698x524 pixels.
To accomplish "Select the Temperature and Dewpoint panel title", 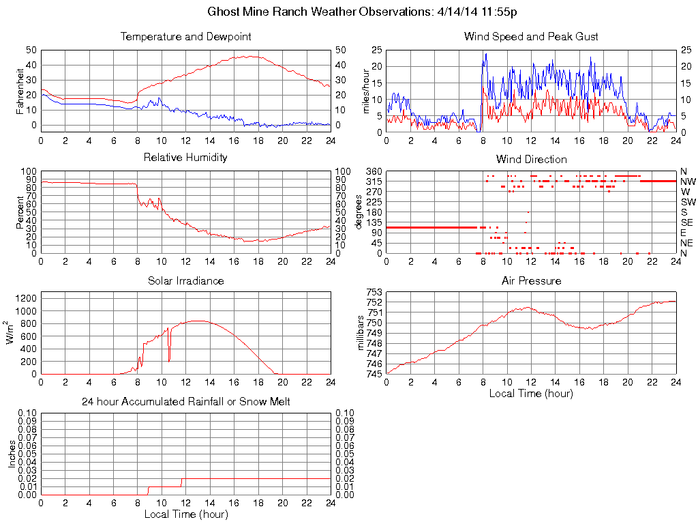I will pyautogui.click(x=185, y=36).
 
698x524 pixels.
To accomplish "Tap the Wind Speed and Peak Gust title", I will pyautogui.click(x=531, y=36).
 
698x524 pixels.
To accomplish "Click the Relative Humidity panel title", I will pyautogui.click(x=185, y=158).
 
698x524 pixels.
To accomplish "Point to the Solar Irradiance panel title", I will pyautogui.click(x=185, y=280).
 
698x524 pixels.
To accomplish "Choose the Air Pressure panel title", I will pyautogui.click(x=531, y=280).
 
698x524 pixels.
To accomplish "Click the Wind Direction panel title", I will pyautogui.click(x=531, y=159).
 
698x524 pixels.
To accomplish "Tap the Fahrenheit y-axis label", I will pyautogui.click(x=19, y=90).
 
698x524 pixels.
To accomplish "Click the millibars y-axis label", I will pyautogui.click(x=363, y=333).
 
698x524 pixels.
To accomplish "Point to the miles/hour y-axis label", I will pyautogui.click(x=365, y=91).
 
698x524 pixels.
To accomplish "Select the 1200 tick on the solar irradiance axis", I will pyautogui.click(x=27, y=298).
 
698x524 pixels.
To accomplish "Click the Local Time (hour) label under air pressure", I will pyautogui.click(x=531, y=394).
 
